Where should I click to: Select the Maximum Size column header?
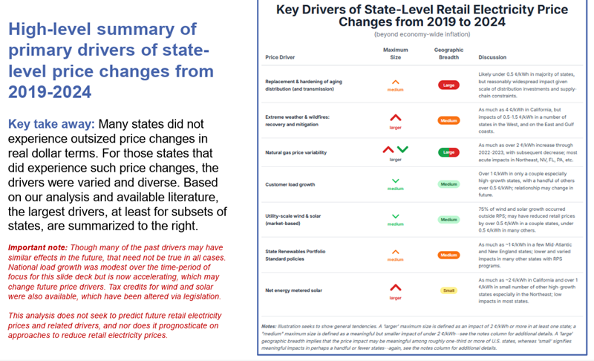396,53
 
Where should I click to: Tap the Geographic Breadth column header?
448,53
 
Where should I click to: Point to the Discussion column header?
493,56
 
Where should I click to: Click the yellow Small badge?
448,290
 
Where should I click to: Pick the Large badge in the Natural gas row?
448,152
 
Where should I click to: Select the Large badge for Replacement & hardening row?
448,85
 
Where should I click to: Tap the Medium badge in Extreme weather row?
448,120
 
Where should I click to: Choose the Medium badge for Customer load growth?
448,185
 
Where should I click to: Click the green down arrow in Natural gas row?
402,149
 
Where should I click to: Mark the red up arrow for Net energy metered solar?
396,287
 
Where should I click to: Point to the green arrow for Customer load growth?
396,181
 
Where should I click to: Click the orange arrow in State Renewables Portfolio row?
396,251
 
